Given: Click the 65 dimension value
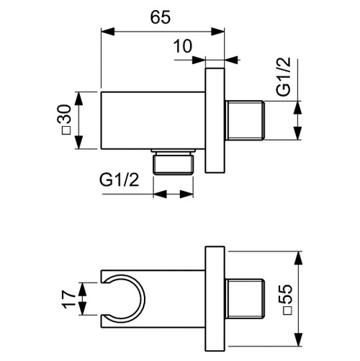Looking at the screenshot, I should point(161,18).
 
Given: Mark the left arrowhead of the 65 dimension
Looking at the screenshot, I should point(103,31).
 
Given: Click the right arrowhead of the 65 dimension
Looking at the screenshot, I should point(221,31).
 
